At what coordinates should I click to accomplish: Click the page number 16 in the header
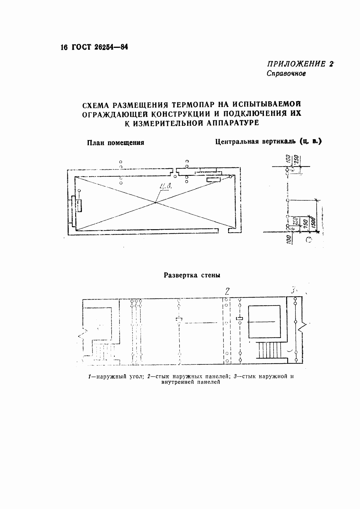[x=63, y=48]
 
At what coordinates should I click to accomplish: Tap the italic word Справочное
[x=286, y=73]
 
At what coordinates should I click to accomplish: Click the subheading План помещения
[x=115, y=142]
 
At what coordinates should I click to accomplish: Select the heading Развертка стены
[x=192, y=275]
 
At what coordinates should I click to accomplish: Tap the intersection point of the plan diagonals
[x=155, y=203]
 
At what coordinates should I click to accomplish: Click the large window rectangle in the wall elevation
[x=264, y=322]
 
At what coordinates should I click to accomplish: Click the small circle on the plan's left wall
[x=79, y=191]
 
